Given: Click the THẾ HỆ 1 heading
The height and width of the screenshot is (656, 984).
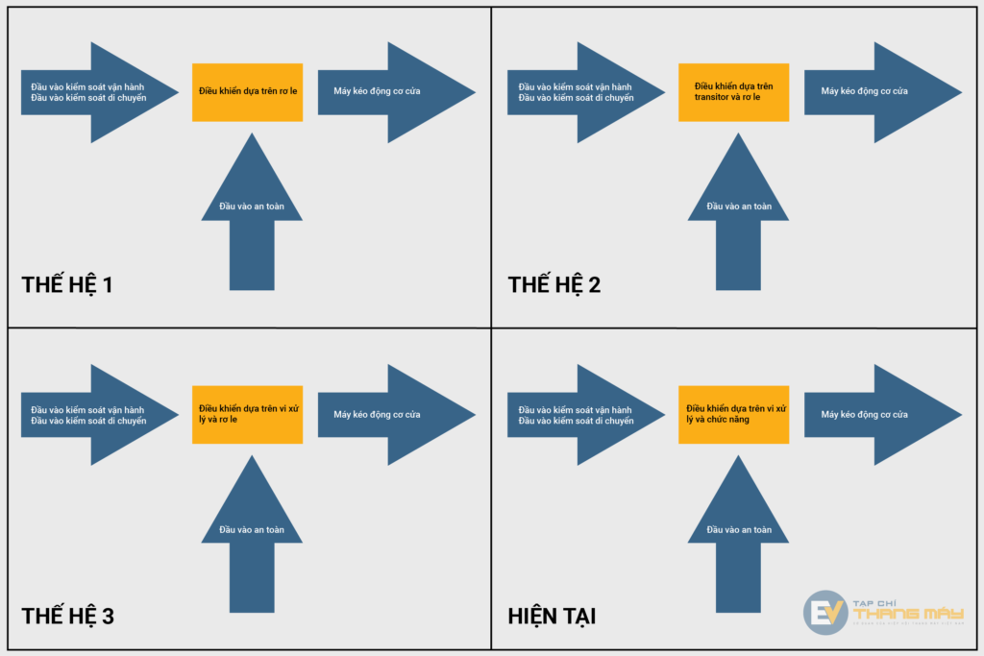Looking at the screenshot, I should point(67,284).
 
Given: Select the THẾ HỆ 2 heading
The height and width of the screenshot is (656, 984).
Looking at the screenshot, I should point(554,284).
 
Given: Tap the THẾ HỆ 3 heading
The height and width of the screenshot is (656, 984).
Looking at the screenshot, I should point(67,616).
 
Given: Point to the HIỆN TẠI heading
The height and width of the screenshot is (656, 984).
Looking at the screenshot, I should point(552,616).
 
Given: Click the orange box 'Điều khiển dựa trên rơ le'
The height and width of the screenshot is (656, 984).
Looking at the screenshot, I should point(247,92).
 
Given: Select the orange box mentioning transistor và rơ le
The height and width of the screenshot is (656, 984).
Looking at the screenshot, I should point(733,92).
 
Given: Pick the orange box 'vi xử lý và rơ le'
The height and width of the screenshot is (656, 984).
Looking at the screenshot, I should point(247,415).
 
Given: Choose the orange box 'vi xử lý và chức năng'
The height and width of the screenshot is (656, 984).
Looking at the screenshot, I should point(733,415).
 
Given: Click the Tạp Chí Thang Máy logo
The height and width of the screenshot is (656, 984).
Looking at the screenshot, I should point(882,613).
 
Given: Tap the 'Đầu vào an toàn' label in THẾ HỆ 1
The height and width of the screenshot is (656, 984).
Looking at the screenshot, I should point(252,206).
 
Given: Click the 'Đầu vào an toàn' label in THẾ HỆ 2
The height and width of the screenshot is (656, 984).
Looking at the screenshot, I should point(739,206).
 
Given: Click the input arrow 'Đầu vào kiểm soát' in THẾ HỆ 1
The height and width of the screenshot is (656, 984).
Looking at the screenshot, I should point(91,92).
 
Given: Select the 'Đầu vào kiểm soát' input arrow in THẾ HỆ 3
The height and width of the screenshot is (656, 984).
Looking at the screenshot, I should point(91,415).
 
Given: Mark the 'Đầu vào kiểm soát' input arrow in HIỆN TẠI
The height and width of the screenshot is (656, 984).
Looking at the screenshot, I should point(578,415).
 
